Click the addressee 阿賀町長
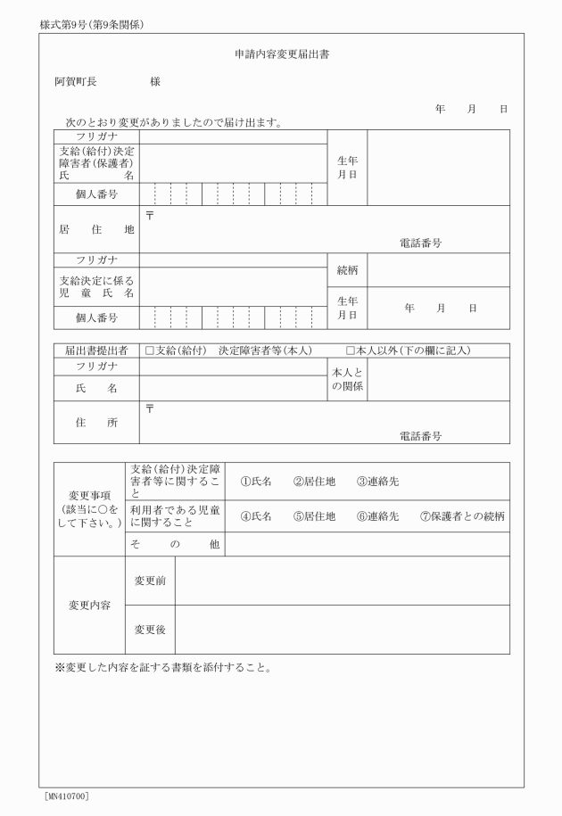pyautogui.click(x=76, y=82)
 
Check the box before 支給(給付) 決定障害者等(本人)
pyautogui.click(x=150, y=350)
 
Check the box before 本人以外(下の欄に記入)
pyautogui.click(x=351, y=350)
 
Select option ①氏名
pyautogui.click(x=256, y=482)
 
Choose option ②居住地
pyautogui.click(x=314, y=482)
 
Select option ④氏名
pyautogui.click(x=256, y=516)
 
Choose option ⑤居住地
pyautogui.click(x=314, y=516)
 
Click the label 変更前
pyautogui.click(x=150, y=581)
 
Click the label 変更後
pyautogui.click(x=150, y=630)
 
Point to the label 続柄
pyautogui.click(x=347, y=269)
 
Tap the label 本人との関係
pyautogui.click(x=347, y=379)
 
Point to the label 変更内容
pyautogui.click(x=89, y=605)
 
